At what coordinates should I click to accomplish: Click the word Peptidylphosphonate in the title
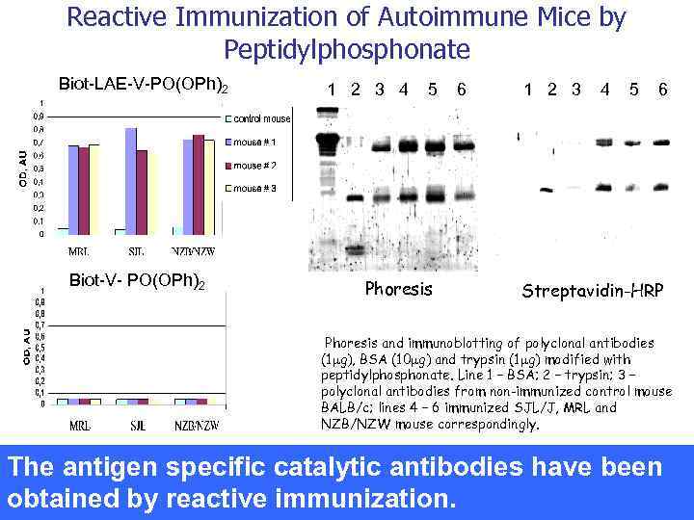pos(347,48)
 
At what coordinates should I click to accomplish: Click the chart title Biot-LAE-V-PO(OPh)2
pos(144,85)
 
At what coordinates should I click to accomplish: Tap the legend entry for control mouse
pos(260,118)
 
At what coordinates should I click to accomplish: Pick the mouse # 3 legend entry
pos(254,188)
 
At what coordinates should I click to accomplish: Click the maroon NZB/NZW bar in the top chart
pos(199,184)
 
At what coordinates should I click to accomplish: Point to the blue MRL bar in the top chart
pos(73,189)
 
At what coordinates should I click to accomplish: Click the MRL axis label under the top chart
pos(80,251)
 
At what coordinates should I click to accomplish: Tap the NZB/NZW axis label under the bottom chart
pos(193,425)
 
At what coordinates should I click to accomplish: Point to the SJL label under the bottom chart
pos(136,425)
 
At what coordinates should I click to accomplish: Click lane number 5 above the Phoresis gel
pos(433,90)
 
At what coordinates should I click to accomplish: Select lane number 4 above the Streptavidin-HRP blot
pos(604,90)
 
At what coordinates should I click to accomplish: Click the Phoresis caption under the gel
pos(398,288)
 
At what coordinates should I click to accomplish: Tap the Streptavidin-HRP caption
pos(592,290)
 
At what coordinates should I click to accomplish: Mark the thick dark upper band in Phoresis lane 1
pos(331,143)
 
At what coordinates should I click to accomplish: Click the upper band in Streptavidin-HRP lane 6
pos(661,143)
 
